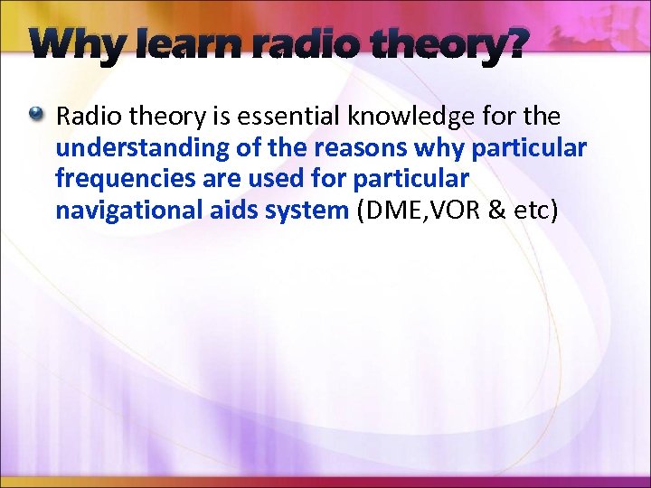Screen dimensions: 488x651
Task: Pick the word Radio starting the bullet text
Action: (86, 117)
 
